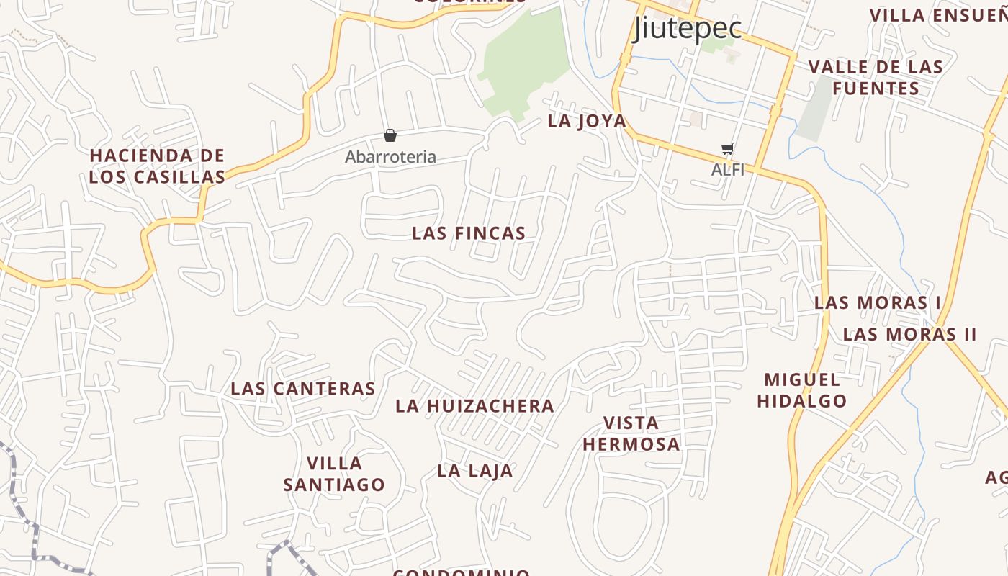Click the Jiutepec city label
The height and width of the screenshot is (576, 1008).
(x=687, y=29)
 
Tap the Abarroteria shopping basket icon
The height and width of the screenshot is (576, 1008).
(x=390, y=135)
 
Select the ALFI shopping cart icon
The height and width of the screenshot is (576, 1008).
(x=728, y=150)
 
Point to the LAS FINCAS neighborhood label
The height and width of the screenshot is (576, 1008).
(x=469, y=233)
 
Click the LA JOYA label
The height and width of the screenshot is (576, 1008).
(x=587, y=121)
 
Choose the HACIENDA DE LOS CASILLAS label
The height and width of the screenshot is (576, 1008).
(x=157, y=166)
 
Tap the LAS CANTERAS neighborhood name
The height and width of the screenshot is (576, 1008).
(x=303, y=389)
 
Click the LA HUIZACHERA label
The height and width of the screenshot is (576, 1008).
(x=475, y=406)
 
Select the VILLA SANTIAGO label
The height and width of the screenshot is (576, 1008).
(x=334, y=474)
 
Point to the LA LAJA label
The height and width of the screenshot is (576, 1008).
(x=475, y=472)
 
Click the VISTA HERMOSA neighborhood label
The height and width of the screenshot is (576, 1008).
(x=631, y=433)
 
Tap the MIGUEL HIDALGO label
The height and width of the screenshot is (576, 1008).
(x=802, y=390)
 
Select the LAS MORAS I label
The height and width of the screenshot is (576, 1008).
(x=877, y=302)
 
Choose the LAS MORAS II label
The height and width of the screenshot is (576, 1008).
(x=909, y=335)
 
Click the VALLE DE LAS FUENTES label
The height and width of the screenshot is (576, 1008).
(x=876, y=78)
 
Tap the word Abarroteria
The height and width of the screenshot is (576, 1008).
(x=390, y=157)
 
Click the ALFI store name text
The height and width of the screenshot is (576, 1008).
(x=727, y=170)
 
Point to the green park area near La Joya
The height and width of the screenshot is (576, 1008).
(x=522, y=65)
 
